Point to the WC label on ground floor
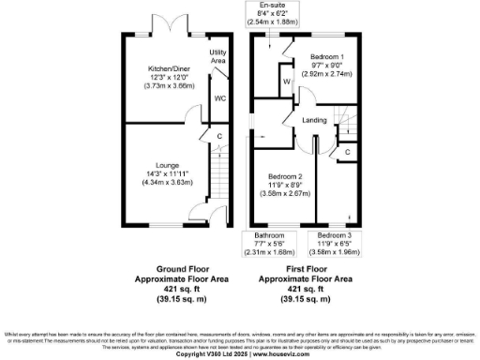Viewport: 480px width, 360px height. tap(219, 97)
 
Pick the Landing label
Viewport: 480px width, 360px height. tap(315, 120)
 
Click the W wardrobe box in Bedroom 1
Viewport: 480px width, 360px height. tap(287, 82)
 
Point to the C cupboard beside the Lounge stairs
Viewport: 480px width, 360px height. tap(219, 136)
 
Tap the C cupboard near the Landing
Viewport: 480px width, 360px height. tap(346, 151)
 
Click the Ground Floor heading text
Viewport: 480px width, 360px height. tap(164, 268)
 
